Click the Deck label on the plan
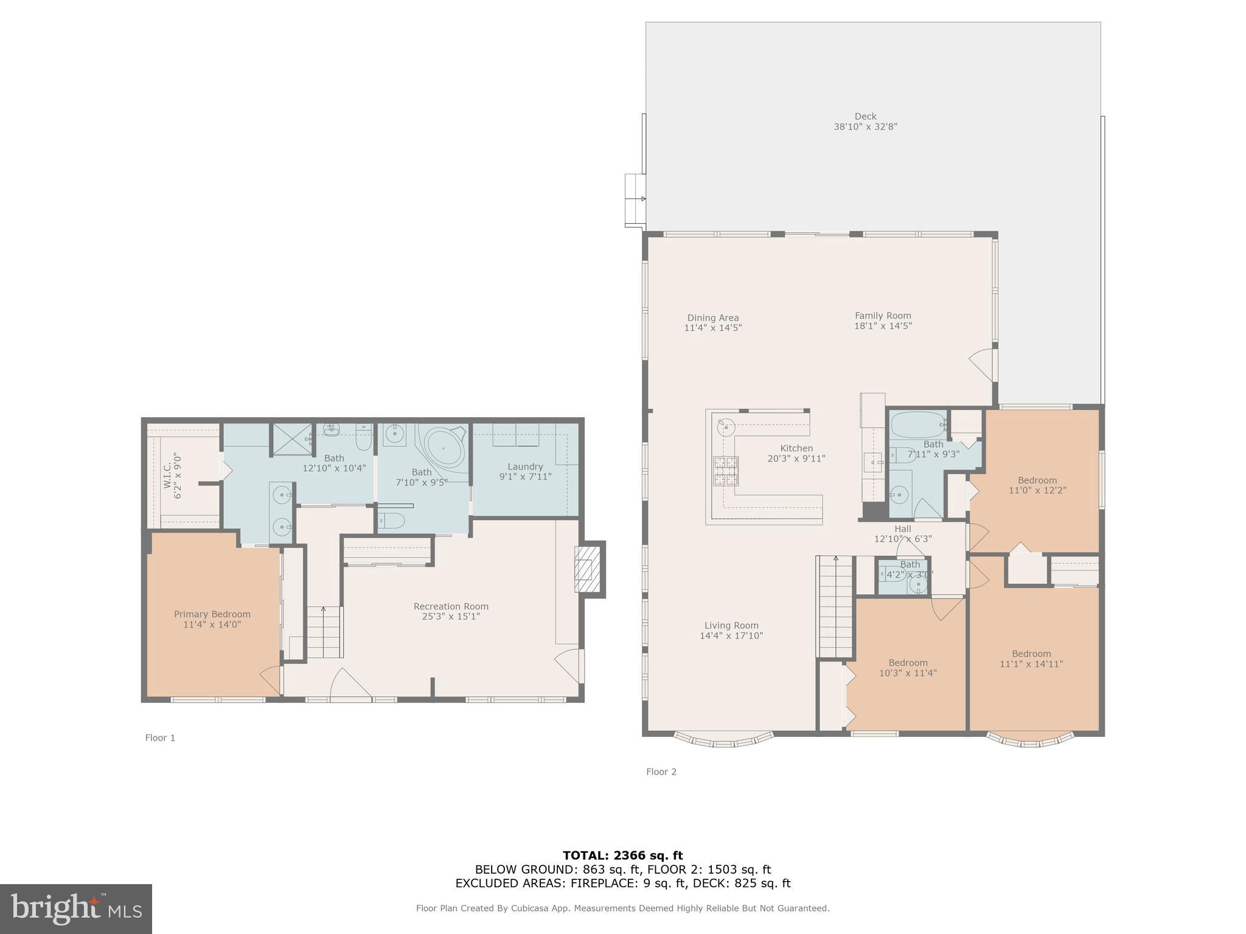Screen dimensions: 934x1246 pyautogui.click(x=865, y=117)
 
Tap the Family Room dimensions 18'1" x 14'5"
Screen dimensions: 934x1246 pyautogui.click(x=883, y=326)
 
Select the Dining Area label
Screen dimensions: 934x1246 pyautogui.click(x=713, y=318)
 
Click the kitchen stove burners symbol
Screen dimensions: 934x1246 pyautogui.click(x=726, y=471)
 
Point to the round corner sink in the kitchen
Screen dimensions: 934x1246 pyautogui.click(x=726, y=426)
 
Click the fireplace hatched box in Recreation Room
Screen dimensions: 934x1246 pyautogui.click(x=583, y=569)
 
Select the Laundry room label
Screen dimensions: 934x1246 pyautogui.click(x=525, y=467)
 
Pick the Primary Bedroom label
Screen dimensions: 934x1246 pyautogui.click(x=212, y=614)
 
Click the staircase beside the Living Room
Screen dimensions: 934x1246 pyautogui.click(x=835, y=608)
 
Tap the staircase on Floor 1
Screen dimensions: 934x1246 pyautogui.click(x=323, y=632)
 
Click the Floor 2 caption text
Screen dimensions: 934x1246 pyautogui.click(x=661, y=772)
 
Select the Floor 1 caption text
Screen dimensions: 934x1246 pyautogui.click(x=160, y=738)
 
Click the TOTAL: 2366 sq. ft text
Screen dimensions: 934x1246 pyautogui.click(x=622, y=856)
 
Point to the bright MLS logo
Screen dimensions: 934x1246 pyautogui.click(x=76, y=908)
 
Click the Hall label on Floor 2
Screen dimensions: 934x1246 pyautogui.click(x=903, y=529)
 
